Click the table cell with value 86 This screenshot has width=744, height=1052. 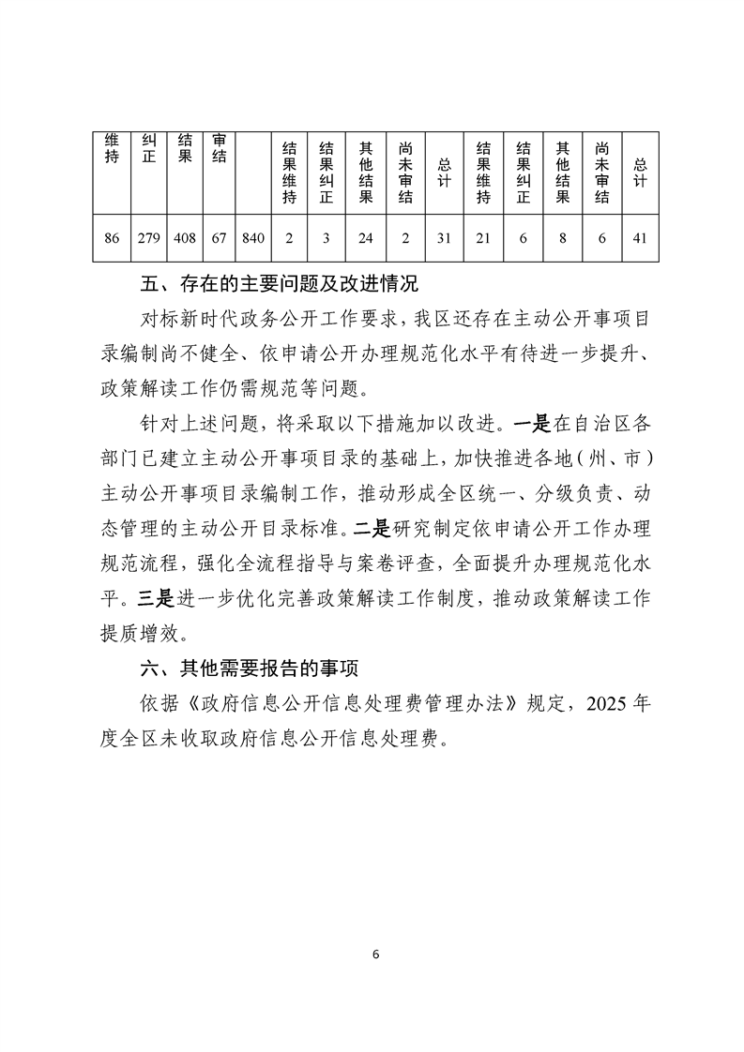tap(112, 238)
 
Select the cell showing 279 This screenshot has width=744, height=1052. tap(147, 238)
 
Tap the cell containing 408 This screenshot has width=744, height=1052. tap(185, 238)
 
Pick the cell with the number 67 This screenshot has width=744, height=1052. tap(220, 238)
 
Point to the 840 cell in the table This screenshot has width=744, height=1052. tap(253, 238)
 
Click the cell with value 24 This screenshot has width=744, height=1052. tap(366, 238)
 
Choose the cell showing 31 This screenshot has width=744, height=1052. tap(445, 238)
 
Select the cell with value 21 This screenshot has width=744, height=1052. tap(484, 238)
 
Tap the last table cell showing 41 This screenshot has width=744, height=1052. tap(640, 238)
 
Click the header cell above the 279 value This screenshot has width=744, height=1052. tap(147, 150)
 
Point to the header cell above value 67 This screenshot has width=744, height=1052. tap(220, 150)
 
